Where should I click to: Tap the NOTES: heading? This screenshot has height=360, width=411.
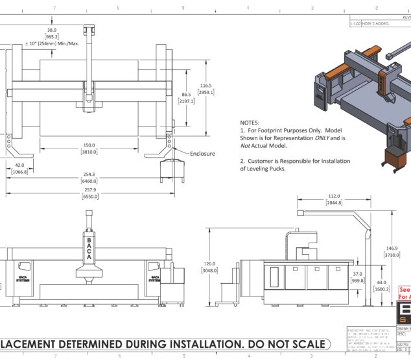tap(250, 122)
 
